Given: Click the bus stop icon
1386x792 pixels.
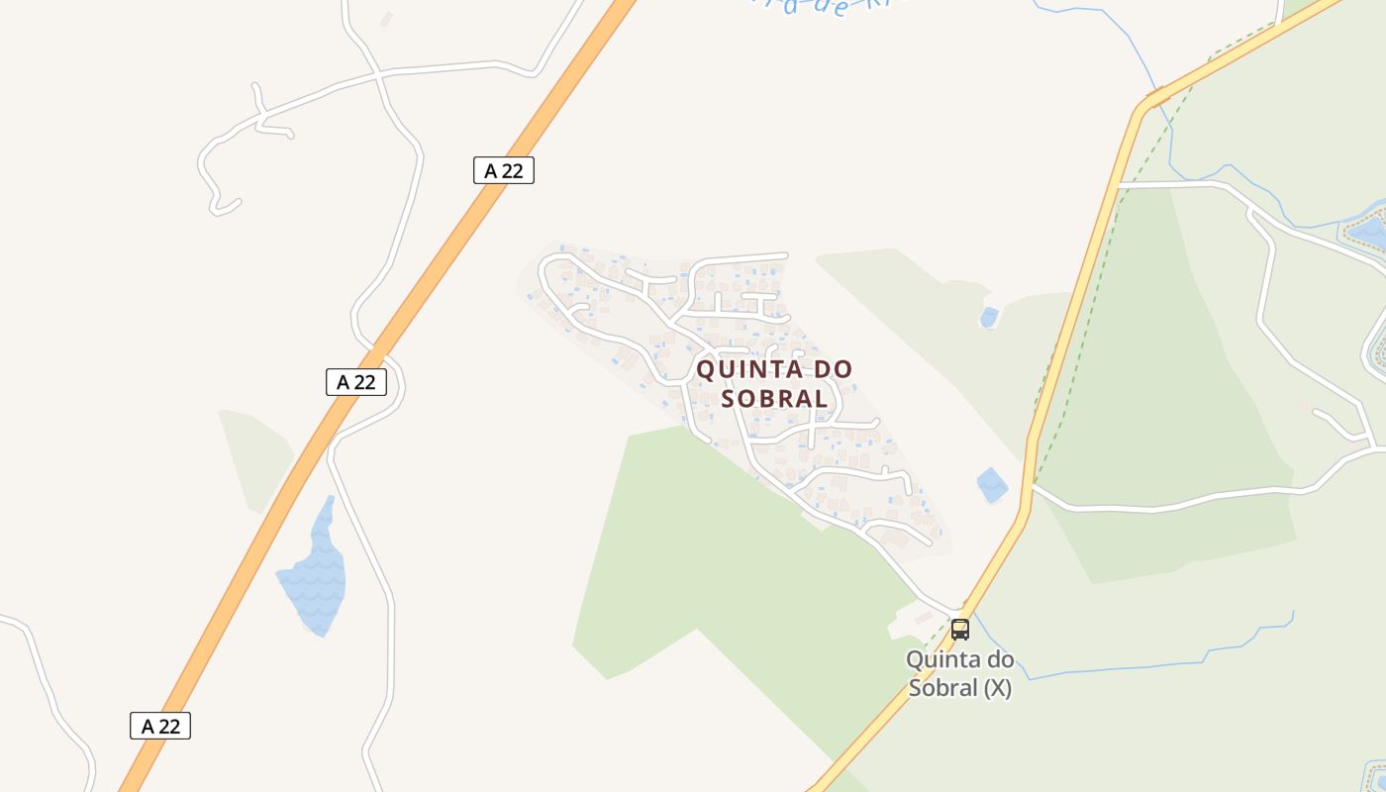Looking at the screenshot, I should [x=960, y=629].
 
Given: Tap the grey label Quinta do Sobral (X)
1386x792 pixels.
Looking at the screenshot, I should [x=959, y=673].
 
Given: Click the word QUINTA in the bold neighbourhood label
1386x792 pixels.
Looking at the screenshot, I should [x=748, y=369].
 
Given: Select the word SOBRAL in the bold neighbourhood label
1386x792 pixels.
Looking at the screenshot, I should [x=774, y=398].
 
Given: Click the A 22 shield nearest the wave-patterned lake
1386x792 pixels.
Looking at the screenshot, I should [x=355, y=381].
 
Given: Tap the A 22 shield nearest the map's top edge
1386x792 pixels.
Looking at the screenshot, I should [x=503, y=170].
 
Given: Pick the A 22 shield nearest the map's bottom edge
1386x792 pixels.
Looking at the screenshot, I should [x=160, y=726].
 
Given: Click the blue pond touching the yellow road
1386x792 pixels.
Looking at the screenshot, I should [x=991, y=485].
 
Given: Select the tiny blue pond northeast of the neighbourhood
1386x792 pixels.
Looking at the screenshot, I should [x=988, y=318].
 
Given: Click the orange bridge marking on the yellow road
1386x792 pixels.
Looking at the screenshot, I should [x=1157, y=96].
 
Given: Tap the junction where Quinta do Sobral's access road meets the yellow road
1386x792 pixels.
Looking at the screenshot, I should [x=962, y=611].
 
